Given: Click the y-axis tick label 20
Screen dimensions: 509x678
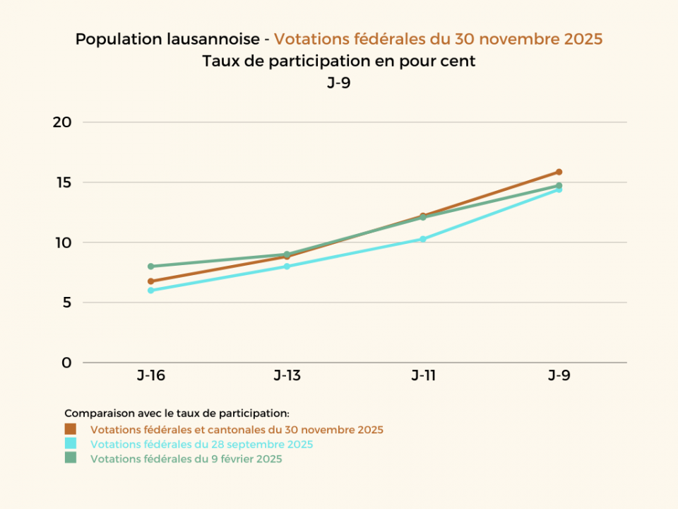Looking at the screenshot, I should pyautogui.click(x=62, y=122).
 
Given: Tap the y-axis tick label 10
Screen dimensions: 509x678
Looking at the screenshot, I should pyautogui.click(x=62, y=242).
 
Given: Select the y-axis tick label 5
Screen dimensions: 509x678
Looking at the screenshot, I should pyautogui.click(x=66, y=303).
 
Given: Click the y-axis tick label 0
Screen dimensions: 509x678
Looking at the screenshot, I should pyautogui.click(x=66, y=363).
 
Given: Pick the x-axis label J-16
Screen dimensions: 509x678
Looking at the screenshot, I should pyautogui.click(x=151, y=375).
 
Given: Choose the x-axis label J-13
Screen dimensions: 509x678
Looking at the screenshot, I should pyautogui.click(x=287, y=375).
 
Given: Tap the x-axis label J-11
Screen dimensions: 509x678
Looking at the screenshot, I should pyautogui.click(x=423, y=375).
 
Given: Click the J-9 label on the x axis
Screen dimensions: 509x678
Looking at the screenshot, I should pyautogui.click(x=559, y=375).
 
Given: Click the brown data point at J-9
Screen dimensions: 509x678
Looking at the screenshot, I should pyautogui.click(x=559, y=172).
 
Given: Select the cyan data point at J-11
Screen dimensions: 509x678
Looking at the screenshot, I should pyautogui.click(x=423, y=239).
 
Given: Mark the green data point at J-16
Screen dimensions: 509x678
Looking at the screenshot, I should pyautogui.click(x=151, y=267).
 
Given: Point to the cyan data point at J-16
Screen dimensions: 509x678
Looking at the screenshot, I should pyautogui.click(x=151, y=291).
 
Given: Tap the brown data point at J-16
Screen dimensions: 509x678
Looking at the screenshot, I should pyautogui.click(x=151, y=281).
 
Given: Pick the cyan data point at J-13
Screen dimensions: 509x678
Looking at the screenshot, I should pyautogui.click(x=287, y=267).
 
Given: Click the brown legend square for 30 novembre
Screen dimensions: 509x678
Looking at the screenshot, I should pyautogui.click(x=70, y=429).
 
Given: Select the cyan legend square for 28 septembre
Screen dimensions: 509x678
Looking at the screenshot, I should pyautogui.click(x=70, y=444).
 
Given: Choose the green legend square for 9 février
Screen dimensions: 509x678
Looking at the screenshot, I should pyautogui.click(x=70, y=458).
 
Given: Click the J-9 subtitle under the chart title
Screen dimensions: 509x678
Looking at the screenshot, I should pyautogui.click(x=338, y=83).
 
